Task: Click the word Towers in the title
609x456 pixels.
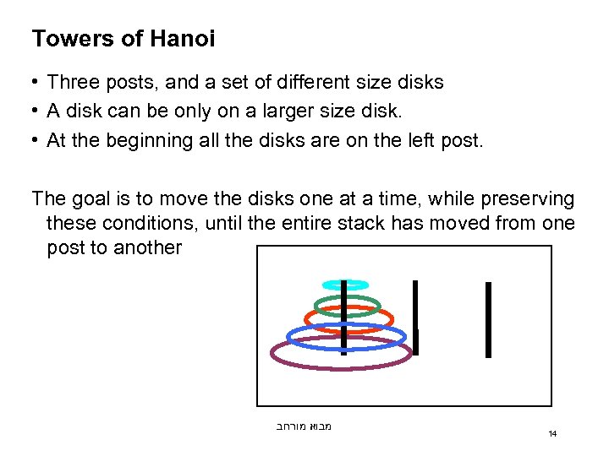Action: point(68,39)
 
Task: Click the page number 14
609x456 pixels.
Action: point(552,434)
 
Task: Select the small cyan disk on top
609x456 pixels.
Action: point(345,285)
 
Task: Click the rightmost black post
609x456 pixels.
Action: point(488,319)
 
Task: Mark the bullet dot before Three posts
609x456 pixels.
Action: point(35,83)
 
